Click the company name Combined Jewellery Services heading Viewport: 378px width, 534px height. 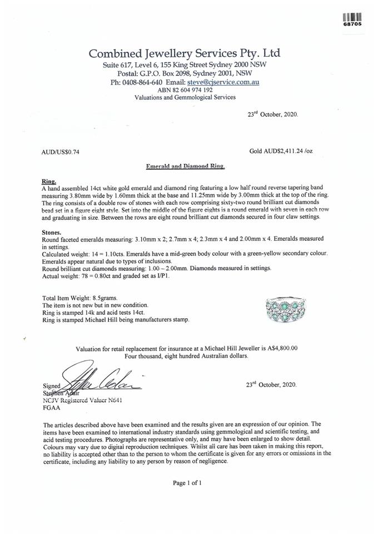(185, 53)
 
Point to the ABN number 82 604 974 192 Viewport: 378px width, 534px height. (185, 90)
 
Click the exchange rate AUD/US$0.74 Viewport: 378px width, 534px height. (61, 151)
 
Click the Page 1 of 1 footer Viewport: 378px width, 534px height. (187, 483)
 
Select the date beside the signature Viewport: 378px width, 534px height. (271, 384)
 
